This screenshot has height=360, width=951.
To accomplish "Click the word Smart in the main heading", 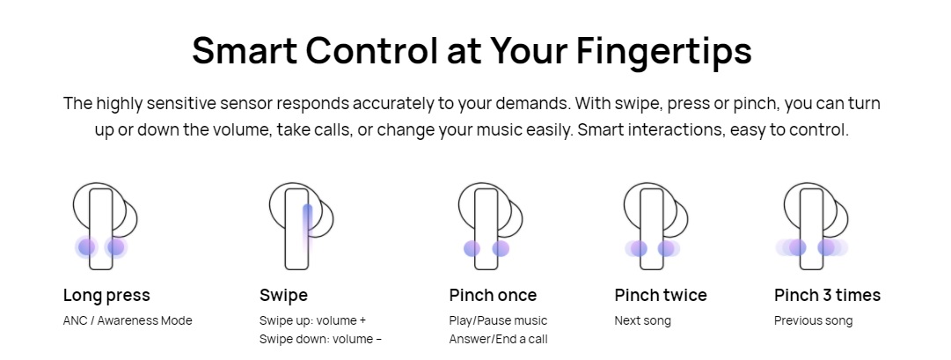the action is [x=243, y=51].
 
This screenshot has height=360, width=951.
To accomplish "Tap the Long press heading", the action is [x=106, y=296].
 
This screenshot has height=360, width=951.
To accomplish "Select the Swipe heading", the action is [x=283, y=296].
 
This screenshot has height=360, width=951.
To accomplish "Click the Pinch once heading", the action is [x=493, y=296].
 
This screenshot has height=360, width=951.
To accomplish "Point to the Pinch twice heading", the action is [x=661, y=296].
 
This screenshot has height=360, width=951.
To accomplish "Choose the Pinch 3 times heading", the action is [x=827, y=296].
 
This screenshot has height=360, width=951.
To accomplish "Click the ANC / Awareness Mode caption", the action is [x=128, y=320].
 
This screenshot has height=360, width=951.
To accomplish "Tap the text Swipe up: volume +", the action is [x=313, y=320].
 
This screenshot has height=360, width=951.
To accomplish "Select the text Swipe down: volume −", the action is [x=321, y=339].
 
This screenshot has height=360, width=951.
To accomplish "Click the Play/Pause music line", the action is [x=498, y=320].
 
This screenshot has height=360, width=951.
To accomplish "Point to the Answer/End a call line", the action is [x=499, y=339].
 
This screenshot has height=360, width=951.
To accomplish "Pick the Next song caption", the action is [x=642, y=320].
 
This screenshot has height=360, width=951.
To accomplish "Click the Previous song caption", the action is [x=814, y=320].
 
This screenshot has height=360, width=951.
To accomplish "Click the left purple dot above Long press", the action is [x=87, y=247].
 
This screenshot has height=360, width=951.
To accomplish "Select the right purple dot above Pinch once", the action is [x=501, y=248].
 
